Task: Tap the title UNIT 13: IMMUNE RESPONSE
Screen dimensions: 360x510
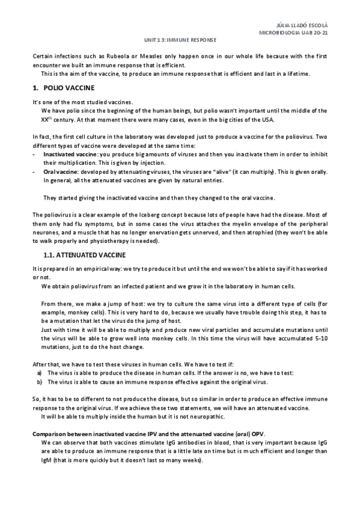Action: tap(180, 41)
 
